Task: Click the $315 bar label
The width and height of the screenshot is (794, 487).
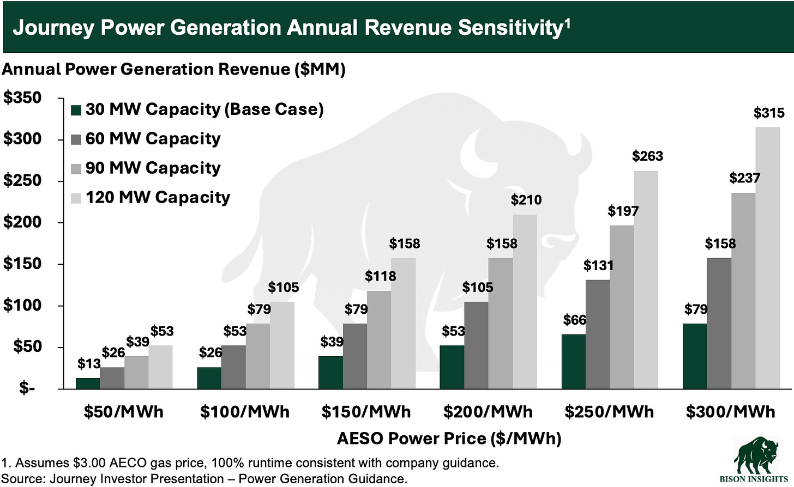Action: pos(769,113)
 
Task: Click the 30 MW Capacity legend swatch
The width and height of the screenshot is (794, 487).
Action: pos(76,110)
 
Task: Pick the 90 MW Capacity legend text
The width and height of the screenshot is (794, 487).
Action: pos(153,168)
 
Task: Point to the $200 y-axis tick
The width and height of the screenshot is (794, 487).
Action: pos(22,222)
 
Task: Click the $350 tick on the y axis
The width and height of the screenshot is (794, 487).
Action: pos(22,98)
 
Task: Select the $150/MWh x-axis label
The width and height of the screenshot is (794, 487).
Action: pos(366,411)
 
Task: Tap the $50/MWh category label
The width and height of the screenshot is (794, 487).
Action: pos(123,411)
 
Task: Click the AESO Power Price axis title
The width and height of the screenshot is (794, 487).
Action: pos(449,439)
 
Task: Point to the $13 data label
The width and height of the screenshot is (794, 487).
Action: pos(88,363)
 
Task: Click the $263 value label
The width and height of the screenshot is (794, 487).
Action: pos(647,156)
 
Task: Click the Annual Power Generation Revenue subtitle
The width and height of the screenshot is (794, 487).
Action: pos(173,69)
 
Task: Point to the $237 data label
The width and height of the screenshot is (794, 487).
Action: pos(744,178)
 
